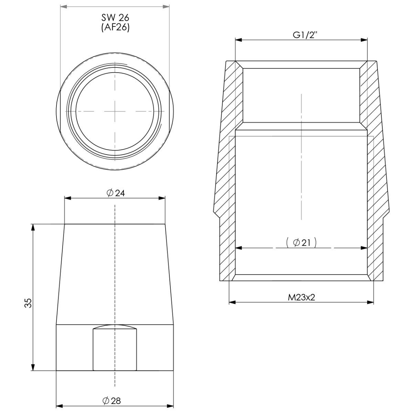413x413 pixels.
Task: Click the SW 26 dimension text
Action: pyautogui.click(x=115, y=18)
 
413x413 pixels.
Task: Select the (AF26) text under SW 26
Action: pyautogui.click(x=115, y=28)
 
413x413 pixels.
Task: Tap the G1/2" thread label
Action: pyautogui.click(x=305, y=35)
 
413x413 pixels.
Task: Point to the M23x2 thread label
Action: pyautogui.click(x=301, y=297)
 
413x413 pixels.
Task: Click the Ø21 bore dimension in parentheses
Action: pyautogui.click(x=301, y=243)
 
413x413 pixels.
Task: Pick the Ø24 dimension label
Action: pyautogui.click(x=116, y=193)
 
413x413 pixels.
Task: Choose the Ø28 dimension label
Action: pyautogui.click(x=112, y=401)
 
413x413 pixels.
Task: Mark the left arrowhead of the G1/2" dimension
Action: pyautogui.click(x=239, y=40)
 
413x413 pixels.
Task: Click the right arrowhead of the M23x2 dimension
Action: pyautogui.click(x=370, y=302)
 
